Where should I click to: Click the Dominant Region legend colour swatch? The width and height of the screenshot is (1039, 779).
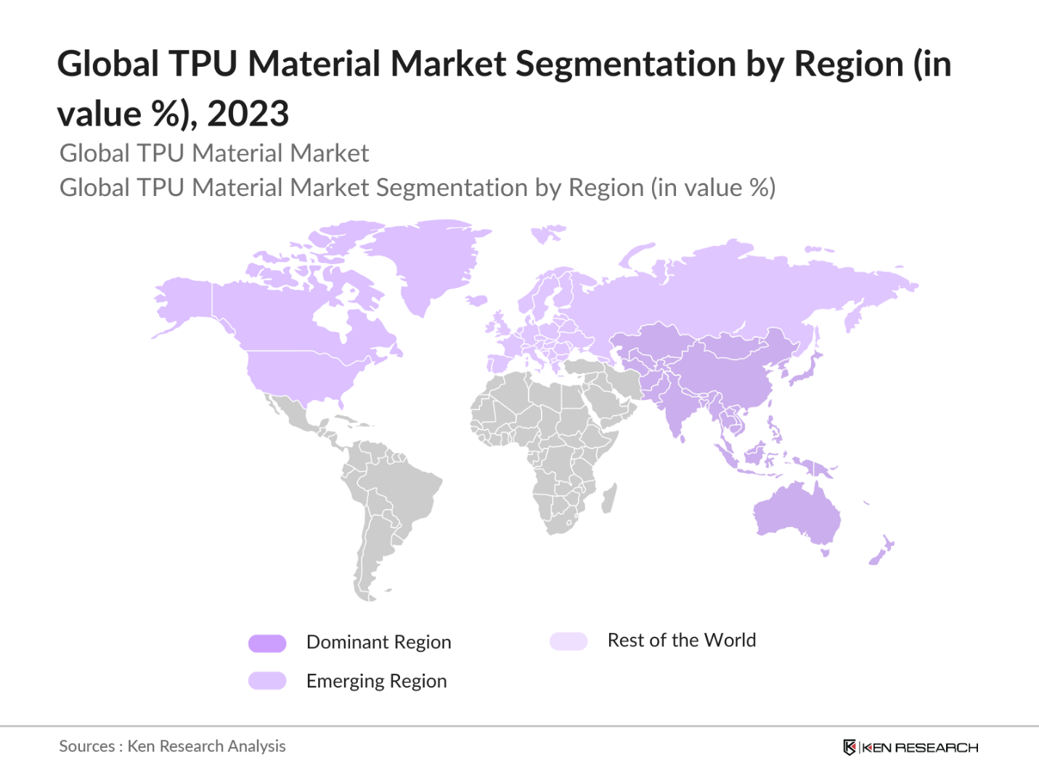coord(267,643)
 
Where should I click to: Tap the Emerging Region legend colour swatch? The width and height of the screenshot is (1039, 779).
coord(267,681)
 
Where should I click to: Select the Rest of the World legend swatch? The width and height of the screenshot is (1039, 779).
coord(569,641)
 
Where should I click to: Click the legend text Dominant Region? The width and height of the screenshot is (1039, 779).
coord(378,643)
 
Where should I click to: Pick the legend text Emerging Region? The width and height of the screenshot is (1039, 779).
coord(376,681)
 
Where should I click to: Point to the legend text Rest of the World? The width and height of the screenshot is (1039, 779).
coord(681,640)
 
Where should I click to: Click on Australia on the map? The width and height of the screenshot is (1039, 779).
coord(797,513)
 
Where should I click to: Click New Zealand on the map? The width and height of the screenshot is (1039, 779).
coord(881,551)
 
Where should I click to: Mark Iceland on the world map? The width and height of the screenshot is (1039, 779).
coord(476,300)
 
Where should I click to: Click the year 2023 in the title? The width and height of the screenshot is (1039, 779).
coord(248,114)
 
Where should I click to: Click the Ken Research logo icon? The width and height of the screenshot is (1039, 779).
coord(849,747)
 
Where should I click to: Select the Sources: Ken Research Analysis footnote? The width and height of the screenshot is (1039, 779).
coord(172,746)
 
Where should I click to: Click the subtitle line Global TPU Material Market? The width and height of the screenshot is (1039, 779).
coord(214,153)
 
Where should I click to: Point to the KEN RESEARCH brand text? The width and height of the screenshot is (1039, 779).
coord(920,748)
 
